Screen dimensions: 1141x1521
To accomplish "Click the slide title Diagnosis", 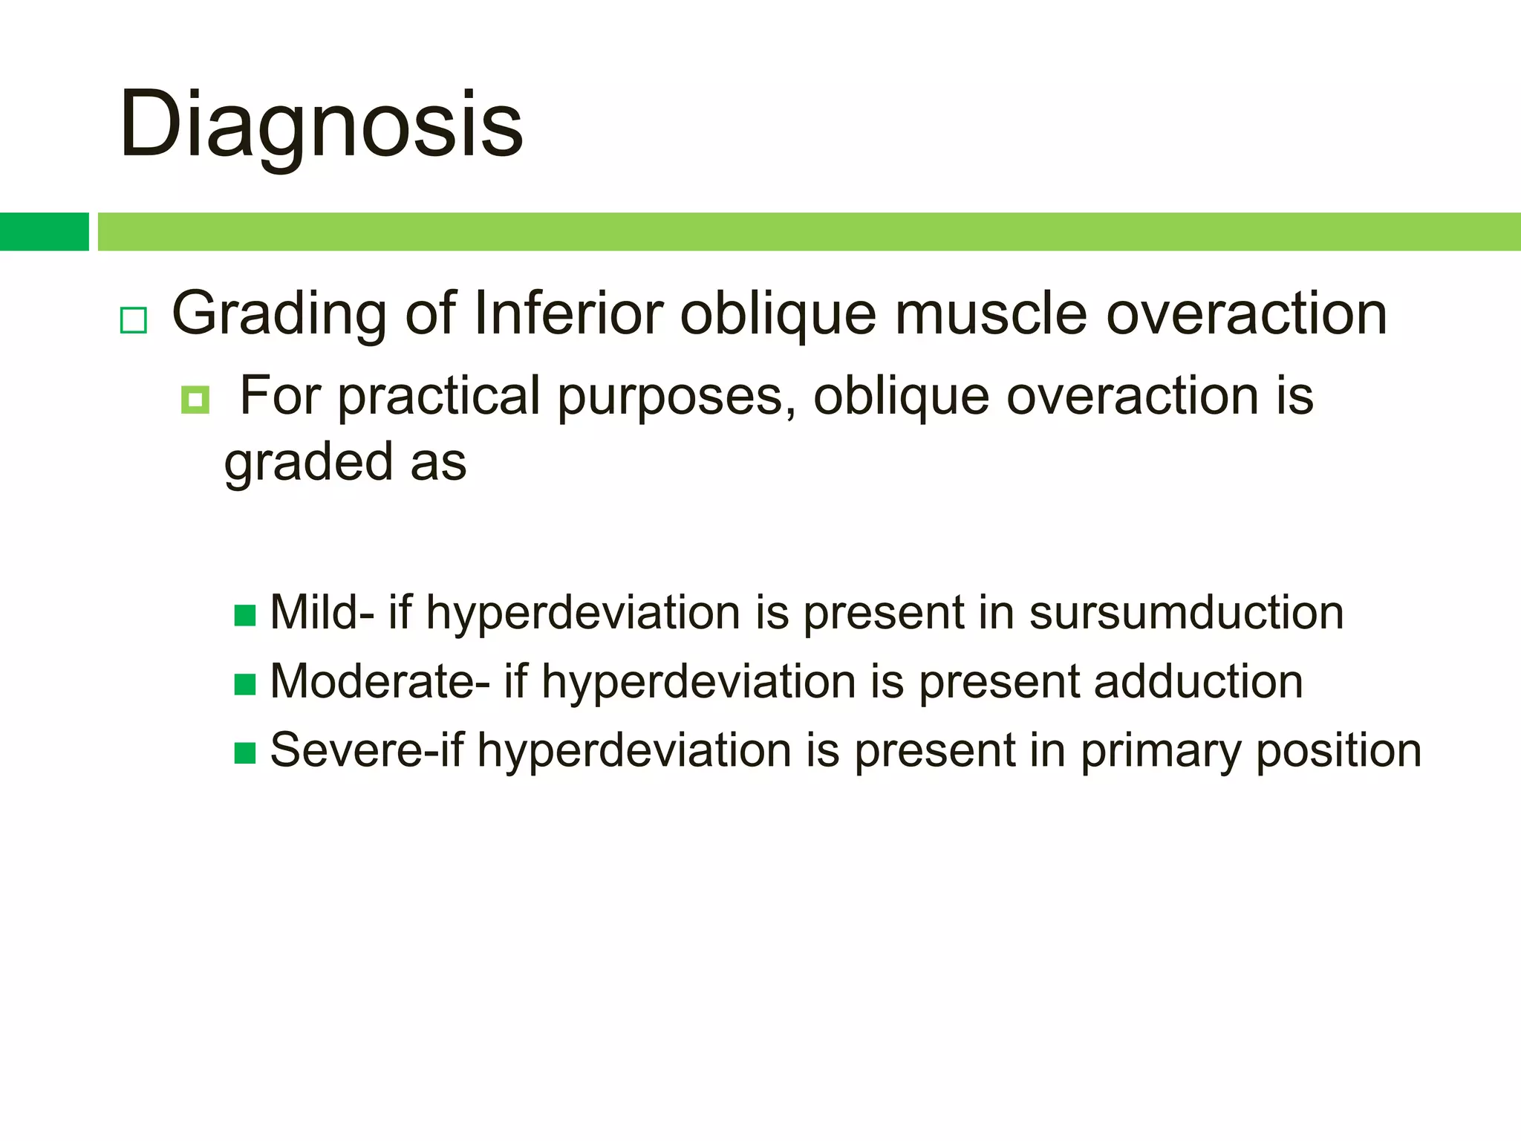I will [321, 125].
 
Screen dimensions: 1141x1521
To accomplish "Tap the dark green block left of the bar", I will [44, 232].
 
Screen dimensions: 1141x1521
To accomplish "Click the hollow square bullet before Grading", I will [134, 320].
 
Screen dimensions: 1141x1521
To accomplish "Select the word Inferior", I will [567, 313].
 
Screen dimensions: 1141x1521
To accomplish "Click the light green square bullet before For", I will [195, 400].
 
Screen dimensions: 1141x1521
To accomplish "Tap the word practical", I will [439, 397].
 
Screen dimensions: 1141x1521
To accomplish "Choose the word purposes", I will [677, 397].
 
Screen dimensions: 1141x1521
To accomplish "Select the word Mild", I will [313, 613].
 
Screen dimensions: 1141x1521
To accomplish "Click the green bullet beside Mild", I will [245, 616].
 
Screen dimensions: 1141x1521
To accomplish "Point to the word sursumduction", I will [1186, 613].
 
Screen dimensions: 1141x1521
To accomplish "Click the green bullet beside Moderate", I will [245, 684].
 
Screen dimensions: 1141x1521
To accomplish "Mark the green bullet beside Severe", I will [245, 753].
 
